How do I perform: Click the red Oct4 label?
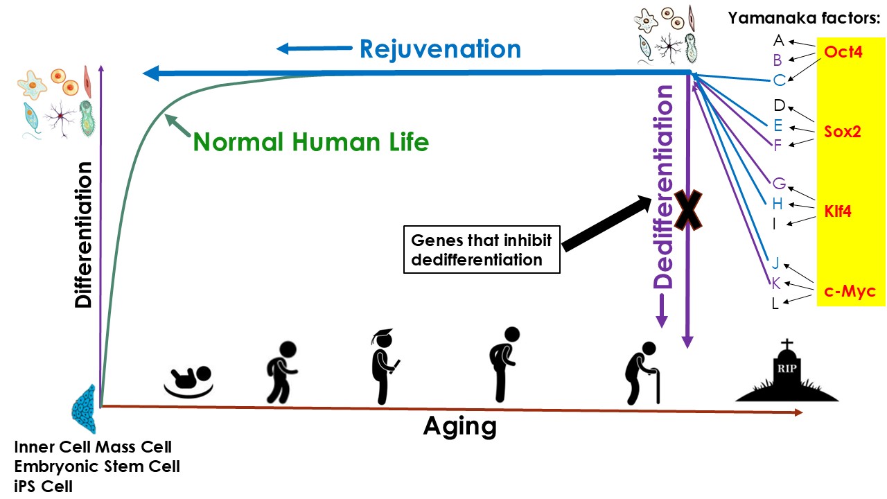(843, 51)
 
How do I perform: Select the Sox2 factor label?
(843, 132)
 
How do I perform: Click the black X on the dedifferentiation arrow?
(689, 211)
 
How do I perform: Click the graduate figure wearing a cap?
(383, 367)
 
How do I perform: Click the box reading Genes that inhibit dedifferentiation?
(482, 250)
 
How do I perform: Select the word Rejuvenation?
(440, 49)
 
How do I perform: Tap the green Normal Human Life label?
(311, 142)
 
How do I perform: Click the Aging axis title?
(460, 426)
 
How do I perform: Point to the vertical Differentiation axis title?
(84, 235)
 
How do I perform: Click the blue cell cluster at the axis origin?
(86, 409)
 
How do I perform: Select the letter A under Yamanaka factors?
(779, 40)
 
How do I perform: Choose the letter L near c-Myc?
(775, 304)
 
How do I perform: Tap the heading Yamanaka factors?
(802, 19)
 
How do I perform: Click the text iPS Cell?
(43, 486)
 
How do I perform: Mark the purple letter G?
(779, 184)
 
